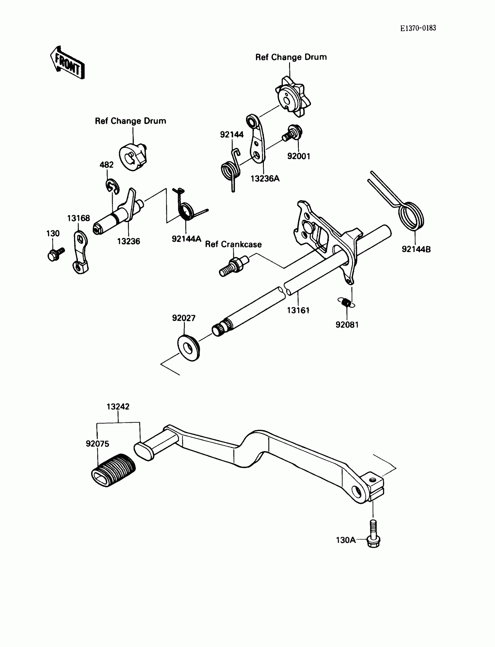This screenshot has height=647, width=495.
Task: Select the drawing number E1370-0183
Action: pos(418,28)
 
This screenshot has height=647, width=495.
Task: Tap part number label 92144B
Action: pos(416,249)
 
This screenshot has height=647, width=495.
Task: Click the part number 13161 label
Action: pos(298,310)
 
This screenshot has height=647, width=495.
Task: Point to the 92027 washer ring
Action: pos(189,348)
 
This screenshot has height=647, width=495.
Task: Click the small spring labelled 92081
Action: pos(346,302)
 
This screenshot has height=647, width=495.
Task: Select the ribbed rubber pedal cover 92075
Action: pos(114,470)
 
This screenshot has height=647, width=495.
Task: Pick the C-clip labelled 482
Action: pos(112,186)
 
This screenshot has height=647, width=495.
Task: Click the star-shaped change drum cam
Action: pos(293,97)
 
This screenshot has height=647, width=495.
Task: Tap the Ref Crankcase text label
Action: pos(233,244)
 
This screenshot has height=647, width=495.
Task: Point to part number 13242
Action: pos(118,407)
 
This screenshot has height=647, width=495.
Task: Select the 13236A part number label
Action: pos(265,178)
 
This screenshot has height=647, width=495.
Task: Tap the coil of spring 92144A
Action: pos(187,211)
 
